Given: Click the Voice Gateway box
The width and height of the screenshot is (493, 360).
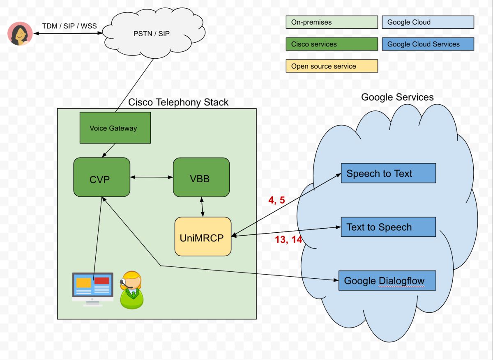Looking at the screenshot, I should tap(115, 128).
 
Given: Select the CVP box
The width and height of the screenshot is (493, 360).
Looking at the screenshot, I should tap(101, 177).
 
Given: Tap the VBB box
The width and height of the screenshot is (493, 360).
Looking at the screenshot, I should tap(201, 177).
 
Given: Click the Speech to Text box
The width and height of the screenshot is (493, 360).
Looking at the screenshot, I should tap(388, 173).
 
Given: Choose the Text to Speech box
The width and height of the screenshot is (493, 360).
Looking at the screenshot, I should tap(388, 227).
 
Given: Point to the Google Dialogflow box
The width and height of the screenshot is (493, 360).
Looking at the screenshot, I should tap(387, 280).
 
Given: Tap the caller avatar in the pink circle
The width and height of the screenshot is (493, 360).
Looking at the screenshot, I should tap(20, 34).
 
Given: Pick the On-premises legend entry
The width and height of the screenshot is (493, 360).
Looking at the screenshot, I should tap(332, 22).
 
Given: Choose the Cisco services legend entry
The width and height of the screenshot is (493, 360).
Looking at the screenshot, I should tap(332, 44).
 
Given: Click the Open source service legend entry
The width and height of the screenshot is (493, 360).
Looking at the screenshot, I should tap(332, 66).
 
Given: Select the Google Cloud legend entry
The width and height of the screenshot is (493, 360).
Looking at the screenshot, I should tap(428, 22).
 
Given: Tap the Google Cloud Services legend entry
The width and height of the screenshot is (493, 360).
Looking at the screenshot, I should tap(428, 44).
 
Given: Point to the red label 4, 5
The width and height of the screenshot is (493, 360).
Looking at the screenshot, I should tap(276, 200).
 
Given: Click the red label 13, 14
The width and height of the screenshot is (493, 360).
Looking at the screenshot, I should tap(288, 240).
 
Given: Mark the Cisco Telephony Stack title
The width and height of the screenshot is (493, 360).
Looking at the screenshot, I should tap(178, 102).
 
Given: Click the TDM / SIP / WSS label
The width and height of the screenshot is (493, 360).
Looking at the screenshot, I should tap(69, 26).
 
